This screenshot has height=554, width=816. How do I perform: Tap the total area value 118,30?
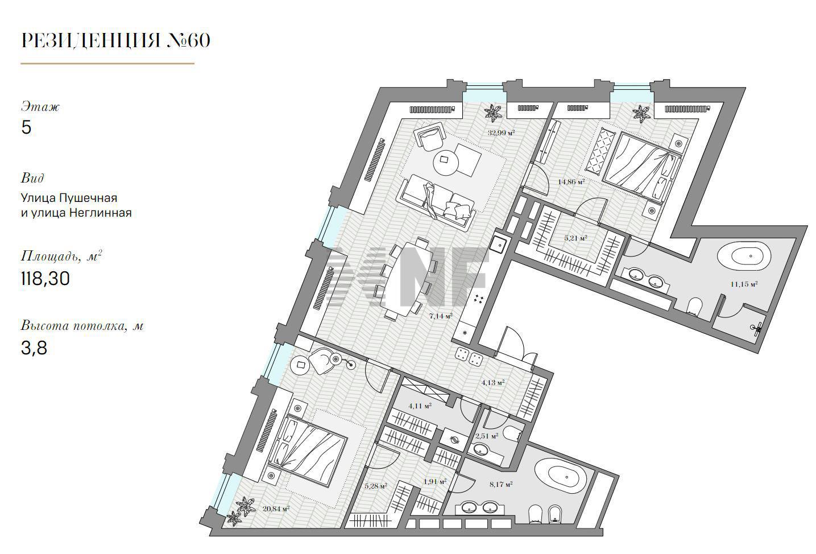(x=45, y=279)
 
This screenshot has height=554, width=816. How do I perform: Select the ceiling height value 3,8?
(x=34, y=348)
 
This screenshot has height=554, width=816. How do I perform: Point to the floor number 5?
(x=26, y=127)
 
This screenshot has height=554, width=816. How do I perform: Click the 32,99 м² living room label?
(x=502, y=133)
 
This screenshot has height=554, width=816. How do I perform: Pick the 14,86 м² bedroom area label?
(x=571, y=181)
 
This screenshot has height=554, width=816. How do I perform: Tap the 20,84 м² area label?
(x=276, y=508)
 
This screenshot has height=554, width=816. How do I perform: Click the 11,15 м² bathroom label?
(x=744, y=284)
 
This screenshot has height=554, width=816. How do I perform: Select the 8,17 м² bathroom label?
(x=502, y=484)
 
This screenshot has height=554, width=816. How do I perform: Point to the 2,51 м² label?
(x=487, y=436)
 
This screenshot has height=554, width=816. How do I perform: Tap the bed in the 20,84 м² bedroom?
(x=307, y=450)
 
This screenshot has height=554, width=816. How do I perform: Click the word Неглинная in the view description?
(x=100, y=213)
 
